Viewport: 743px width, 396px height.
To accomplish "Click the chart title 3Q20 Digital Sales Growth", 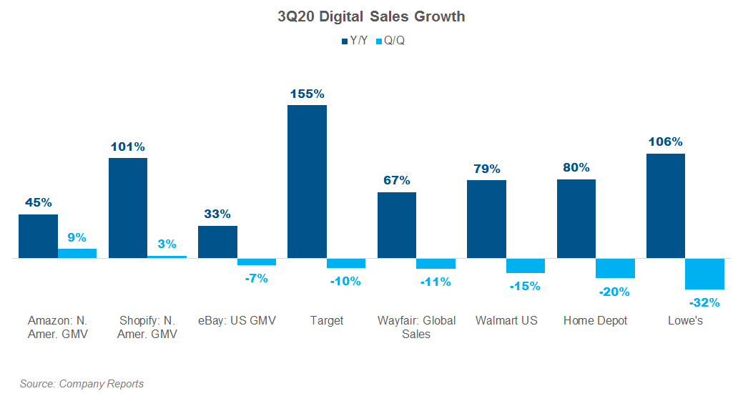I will [x=371, y=16].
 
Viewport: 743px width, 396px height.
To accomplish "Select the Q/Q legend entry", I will [x=394, y=41].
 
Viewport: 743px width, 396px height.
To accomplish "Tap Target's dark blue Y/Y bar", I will [x=307, y=182].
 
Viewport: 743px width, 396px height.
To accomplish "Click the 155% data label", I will [x=307, y=94].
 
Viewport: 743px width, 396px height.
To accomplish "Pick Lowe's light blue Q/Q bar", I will [x=704, y=274].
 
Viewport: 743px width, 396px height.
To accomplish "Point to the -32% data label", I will [x=704, y=302].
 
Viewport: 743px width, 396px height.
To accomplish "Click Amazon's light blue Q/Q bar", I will [x=77, y=253].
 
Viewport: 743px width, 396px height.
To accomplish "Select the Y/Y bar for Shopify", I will [x=128, y=208].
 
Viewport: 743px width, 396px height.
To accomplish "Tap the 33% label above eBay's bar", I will [x=217, y=214].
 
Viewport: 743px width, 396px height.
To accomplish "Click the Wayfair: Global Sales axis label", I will [x=416, y=327].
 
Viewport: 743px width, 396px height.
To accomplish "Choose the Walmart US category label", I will [x=506, y=320].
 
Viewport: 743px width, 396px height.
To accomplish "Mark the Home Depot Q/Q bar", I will [x=615, y=268].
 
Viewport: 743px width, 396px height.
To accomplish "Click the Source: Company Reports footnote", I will [x=82, y=384].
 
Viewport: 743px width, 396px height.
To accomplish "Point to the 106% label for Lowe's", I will [x=665, y=142].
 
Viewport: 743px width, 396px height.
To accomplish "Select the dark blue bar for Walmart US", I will [x=486, y=219].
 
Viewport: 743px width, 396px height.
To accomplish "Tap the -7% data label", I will [x=256, y=278].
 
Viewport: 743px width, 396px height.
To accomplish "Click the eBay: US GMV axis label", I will [x=237, y=320].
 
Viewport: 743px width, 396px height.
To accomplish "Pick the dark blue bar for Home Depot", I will [x=576, y=219].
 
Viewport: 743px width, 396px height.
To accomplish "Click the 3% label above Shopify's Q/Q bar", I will [x=167, y=244].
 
